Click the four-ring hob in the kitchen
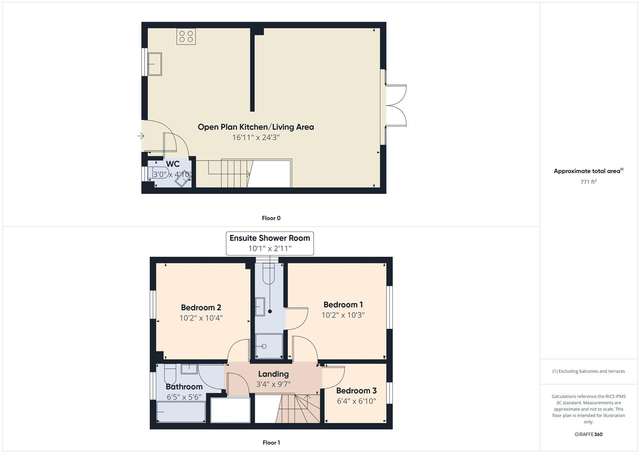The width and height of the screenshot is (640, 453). [x=186, y=36]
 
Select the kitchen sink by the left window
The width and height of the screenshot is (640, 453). [x=155, y=64]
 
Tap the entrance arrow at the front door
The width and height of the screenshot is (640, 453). [x=141, y=136]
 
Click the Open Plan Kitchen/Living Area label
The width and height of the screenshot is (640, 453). [x=256, y=127]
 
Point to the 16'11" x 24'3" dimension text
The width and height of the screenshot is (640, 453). [x=256, y=137]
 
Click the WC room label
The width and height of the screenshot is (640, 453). [x=173, y=164]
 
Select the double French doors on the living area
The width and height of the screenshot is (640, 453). [x=396, y=105]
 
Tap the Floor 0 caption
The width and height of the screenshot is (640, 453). [x=271, y=218]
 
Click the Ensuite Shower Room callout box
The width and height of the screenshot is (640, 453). [x=269, y=243]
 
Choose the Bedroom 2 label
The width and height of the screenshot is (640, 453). [x=201, y=307]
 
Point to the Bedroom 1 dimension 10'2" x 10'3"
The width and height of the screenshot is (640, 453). [x=343, y=315]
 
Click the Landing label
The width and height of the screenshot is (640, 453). [x=273, y=374]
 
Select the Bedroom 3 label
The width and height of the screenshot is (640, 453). [x=356, y=391]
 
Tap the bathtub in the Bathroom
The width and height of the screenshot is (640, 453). [x=181, y=412]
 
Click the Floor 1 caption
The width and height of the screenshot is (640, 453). [x=271, y=443]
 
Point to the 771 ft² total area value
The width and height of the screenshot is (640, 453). [x=588, y=182]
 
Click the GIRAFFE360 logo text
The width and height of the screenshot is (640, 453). [x=588, y=434]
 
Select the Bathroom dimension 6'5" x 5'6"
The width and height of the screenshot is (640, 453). [x=184, y=397]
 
